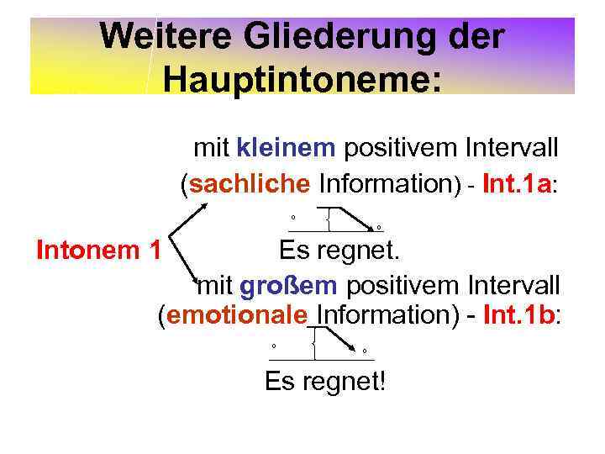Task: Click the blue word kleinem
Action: pos(287,149)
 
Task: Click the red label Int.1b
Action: pos(519,316)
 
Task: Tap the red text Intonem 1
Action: pos(98,250)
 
